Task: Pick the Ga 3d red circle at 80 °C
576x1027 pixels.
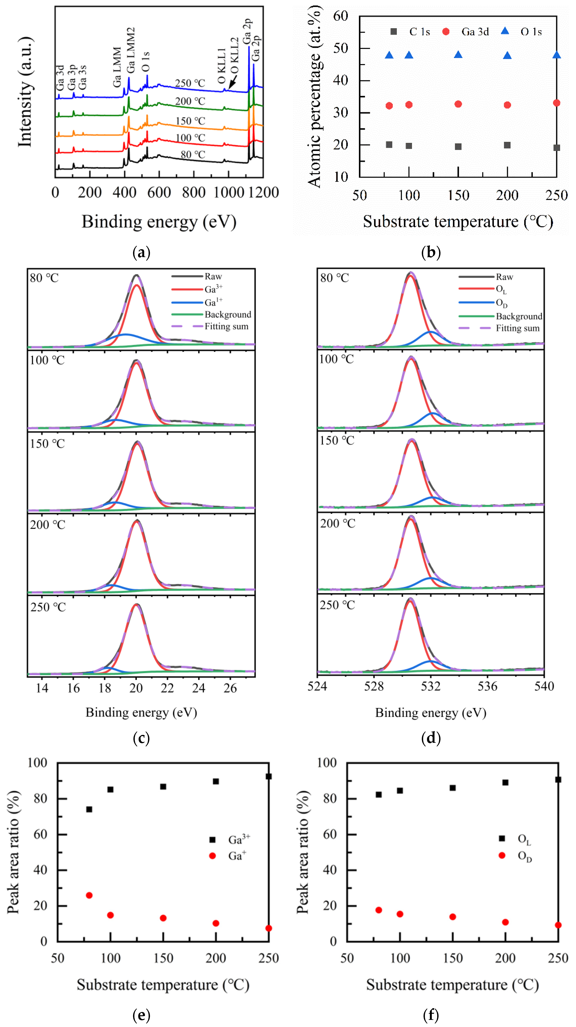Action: [x=389, y=106]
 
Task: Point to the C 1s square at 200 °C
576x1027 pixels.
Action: [x=507, y=145]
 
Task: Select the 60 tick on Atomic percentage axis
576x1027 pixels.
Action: [x=341, y=16]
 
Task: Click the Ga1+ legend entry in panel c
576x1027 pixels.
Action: [x=213, y=302]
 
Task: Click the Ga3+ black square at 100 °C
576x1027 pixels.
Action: [x=110, y=789]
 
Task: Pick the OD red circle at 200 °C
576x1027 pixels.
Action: [x=505, y=922]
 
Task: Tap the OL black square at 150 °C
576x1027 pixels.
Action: [x=452, y=788]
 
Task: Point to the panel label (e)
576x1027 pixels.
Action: [x=141, y=1015]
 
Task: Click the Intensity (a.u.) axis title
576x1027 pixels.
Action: [x=25, y=92]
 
